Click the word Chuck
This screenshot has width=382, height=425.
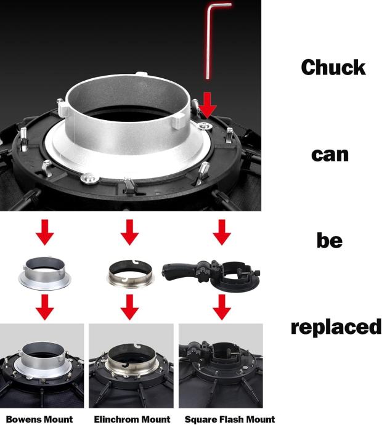coord(333,68)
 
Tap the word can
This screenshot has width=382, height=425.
coord(330,155)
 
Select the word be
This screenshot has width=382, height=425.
coord(330,240)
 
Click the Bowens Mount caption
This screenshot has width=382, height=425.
coord(39,419)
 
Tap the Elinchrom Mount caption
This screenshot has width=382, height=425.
coord(132,419)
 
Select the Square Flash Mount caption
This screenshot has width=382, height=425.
coord(230,419)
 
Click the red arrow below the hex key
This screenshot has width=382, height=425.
coord(208,105)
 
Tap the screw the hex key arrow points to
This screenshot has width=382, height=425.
coord(204,126)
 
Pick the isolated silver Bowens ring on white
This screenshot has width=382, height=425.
coord(45,273)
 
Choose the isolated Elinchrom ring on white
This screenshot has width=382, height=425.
coord(131,273)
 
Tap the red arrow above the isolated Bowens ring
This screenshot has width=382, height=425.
coord(45,232)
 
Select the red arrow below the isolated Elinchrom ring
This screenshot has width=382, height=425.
coord(130,307)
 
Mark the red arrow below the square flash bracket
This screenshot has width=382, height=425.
coord(222,307)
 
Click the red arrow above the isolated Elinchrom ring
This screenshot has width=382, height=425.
coord(130,232)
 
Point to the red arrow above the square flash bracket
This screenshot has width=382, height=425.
coord(222,232)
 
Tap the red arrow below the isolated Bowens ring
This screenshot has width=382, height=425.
coord(45,307)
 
